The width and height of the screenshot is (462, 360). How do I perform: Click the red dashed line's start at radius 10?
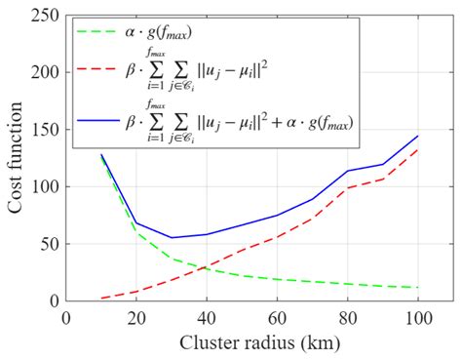pyautogui.click(x=101, y=298)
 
